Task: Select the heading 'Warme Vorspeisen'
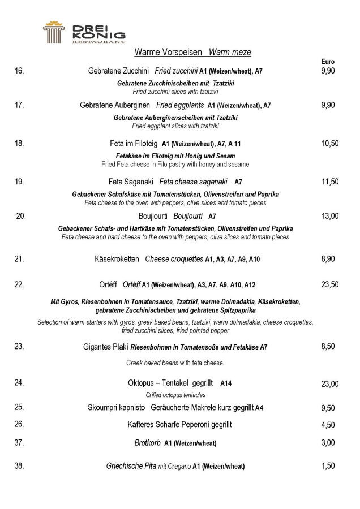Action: pyautogui.click(x=168, y=53)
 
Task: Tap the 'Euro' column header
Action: pyautogui.click(x=327, y=62)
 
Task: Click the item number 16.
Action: pyautogui.click(x=19, y=71)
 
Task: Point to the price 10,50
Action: pyautogui.click(x=330, y=144)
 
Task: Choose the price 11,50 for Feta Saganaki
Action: pyautogui.click(x=330, y=182)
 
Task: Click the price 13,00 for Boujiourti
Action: pyautogui.click(x=330, y=216)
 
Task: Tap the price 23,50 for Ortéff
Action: pyautogui.click(x=330, y=284)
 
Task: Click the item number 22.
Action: pyautogui.click(x=19, y=284)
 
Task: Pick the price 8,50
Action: pyautogui.click(x=328, y=347)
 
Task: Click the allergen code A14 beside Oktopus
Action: pyautogui.click(x=226, y=383)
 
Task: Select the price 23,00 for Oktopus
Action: pyautogui.click(x=330, y=384)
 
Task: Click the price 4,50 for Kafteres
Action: pyautogui.click(x=328, y=425)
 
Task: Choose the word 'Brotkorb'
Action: pyautogui.click(x=148, y=443)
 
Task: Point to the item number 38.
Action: pyautogui.click(x=19, y=467)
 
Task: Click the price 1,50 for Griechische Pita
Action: pyautogui.click(x=328, y=467)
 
